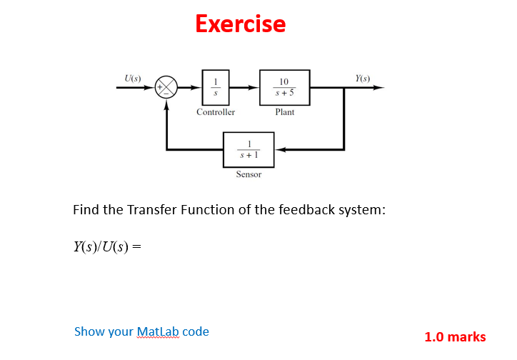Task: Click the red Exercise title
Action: tap(240, 24)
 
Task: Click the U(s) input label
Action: tap(133, 77)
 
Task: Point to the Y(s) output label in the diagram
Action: tap(363, 77)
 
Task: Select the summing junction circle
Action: tap(167, 89)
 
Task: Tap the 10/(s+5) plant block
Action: tap(284, 88)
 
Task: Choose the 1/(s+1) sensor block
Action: tap(249, 150)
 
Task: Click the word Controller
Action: tap(215, 112)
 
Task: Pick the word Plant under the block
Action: tap(284, 112)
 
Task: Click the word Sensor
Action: tap(249, 174)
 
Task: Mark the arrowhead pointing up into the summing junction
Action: tap(167, 104)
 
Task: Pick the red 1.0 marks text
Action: tap(455, 337)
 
